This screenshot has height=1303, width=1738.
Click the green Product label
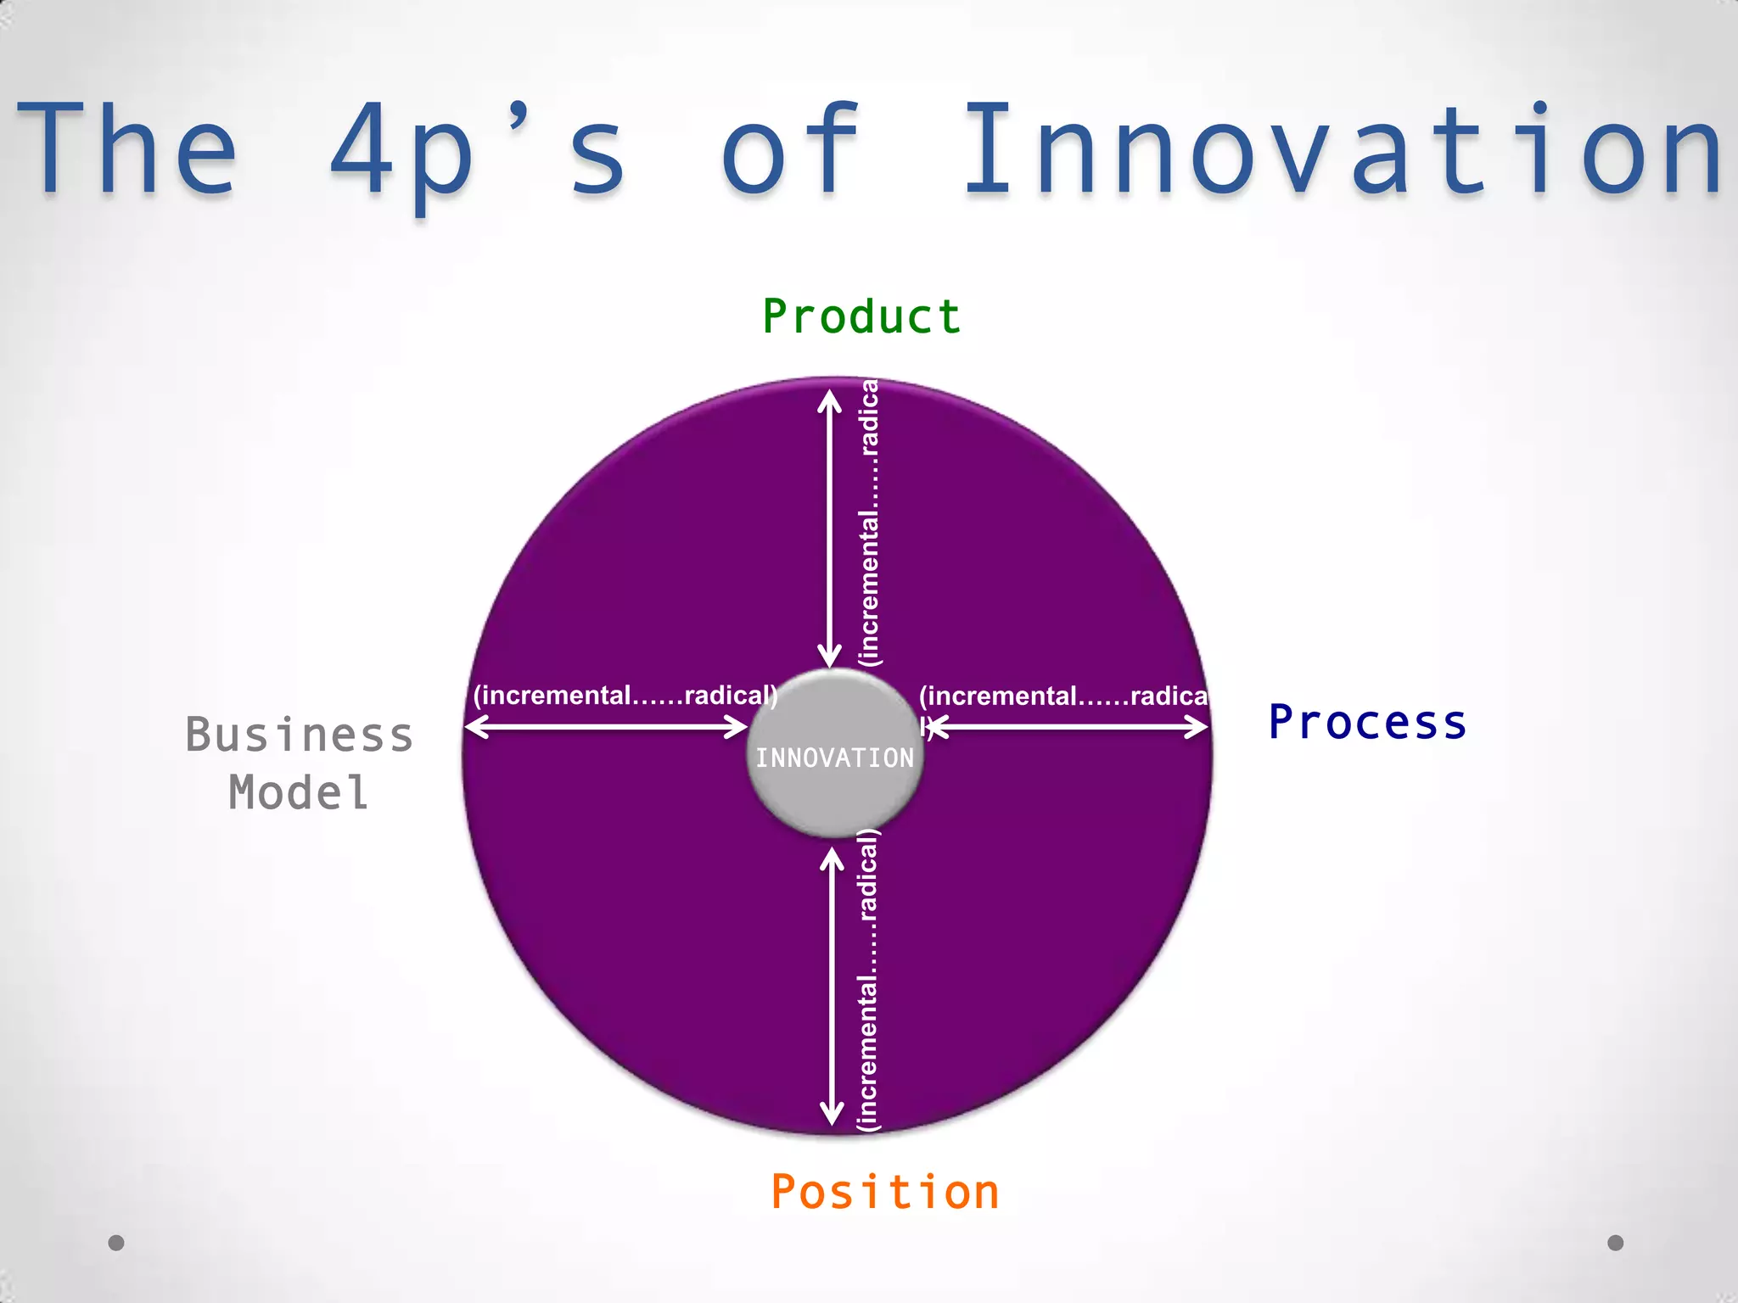[x=861, y=317]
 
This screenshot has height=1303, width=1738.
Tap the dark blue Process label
[x=1367, y=723]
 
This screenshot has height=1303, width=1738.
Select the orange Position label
[x=885, y=1192]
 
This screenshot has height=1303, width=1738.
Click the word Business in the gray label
[x=299, y=735]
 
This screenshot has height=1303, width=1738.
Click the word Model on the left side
[x=299, y=793]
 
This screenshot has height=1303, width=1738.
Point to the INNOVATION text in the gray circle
[x=835, y=758]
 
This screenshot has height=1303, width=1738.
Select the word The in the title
[x=126, y=148]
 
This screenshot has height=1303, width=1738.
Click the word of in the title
[x=790, y=148]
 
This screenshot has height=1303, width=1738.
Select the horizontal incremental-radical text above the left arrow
[x=625, y=696]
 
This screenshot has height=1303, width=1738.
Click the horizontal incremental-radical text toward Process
[x=1062, y=696]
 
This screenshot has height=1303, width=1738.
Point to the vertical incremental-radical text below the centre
[x=868, y=980]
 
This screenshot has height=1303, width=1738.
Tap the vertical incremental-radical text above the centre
[x=870, y=522]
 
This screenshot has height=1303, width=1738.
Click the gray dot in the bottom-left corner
[x=116, y=1243]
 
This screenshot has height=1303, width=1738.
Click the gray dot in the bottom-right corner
[x=1616, y=1243]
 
